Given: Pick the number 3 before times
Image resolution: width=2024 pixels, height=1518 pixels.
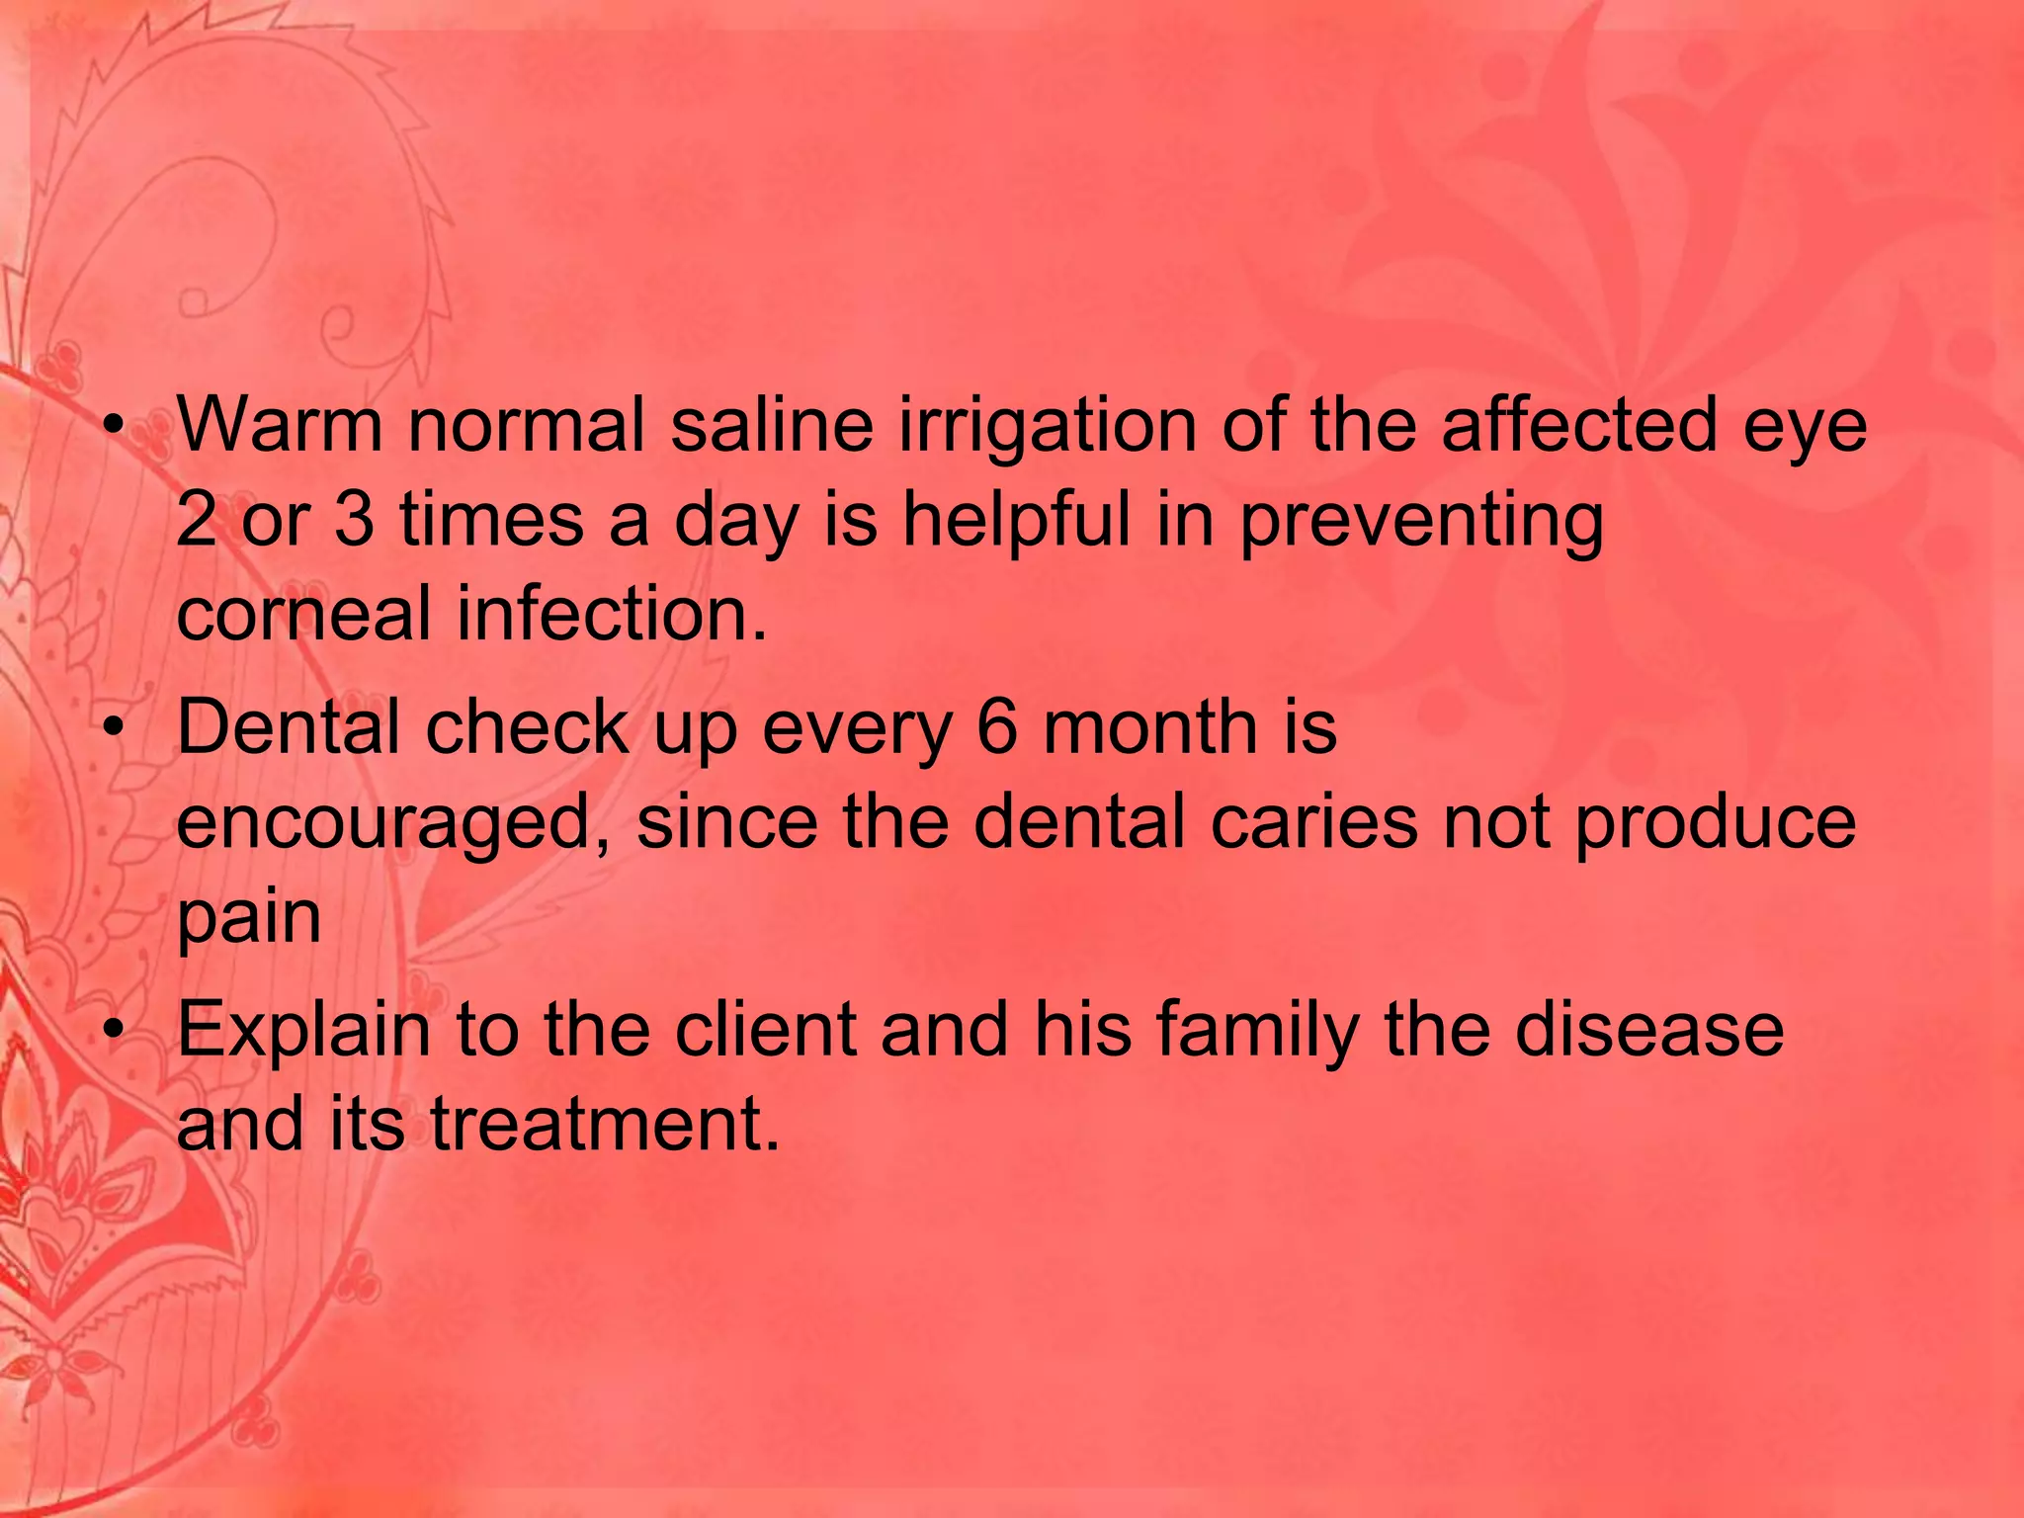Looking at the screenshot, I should click(354, 521).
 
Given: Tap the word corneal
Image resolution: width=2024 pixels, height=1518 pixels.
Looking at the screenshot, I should click(303, 614).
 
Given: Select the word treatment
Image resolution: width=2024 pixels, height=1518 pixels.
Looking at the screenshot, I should click(605, 1126).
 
